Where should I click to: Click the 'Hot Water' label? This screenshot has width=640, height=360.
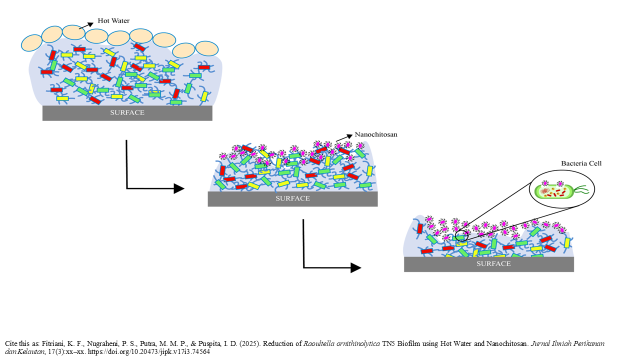(113, 21)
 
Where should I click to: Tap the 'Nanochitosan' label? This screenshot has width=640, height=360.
(376, 134)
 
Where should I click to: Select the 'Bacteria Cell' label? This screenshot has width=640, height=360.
(581, 163)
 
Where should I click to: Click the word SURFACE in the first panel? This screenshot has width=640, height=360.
(127, 112)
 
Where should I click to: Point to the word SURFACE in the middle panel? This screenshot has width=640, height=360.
(292, 198)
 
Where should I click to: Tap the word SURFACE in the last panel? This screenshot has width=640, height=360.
(493, 263)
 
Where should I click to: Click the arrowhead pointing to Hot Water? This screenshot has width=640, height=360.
(90, 24)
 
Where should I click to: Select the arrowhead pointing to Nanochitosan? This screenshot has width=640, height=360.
(349, 136)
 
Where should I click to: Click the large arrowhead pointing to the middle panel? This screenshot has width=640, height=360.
(179, 188)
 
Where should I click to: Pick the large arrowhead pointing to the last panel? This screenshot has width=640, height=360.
(356, 267)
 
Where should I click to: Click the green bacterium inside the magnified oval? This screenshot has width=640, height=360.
(553, 191)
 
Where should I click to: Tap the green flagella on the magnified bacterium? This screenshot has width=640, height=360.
(581, 190)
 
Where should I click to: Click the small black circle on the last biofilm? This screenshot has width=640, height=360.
(461, 236)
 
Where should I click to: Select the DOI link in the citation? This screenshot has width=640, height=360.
(148, 351)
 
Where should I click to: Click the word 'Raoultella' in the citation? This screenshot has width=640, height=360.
(318, 343)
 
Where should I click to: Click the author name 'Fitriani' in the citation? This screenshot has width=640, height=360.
(53, 343)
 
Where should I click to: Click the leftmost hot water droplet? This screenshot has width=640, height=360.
(31, 43)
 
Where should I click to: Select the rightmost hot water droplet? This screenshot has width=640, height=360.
(207, 48)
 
